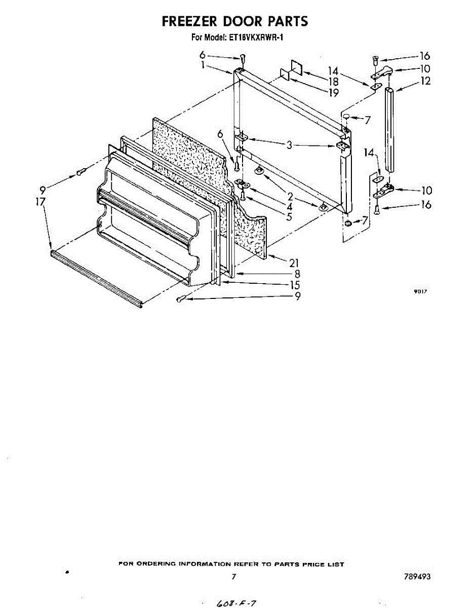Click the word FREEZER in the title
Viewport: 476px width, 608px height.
(189, 21)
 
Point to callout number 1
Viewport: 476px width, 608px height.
(203, 65)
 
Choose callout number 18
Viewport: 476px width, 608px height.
(333, 82)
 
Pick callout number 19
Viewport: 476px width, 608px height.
(333, 92)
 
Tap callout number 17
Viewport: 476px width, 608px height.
(41, 202)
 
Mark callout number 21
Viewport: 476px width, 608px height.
(294, 262)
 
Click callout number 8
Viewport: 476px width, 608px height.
(297, 274)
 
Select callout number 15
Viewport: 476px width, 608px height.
(294, 285)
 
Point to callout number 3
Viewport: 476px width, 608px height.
(289, 145)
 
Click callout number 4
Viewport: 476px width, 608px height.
(289, 207)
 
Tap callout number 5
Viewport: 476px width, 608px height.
(289, 217)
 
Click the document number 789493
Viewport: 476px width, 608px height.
(417, 577)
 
